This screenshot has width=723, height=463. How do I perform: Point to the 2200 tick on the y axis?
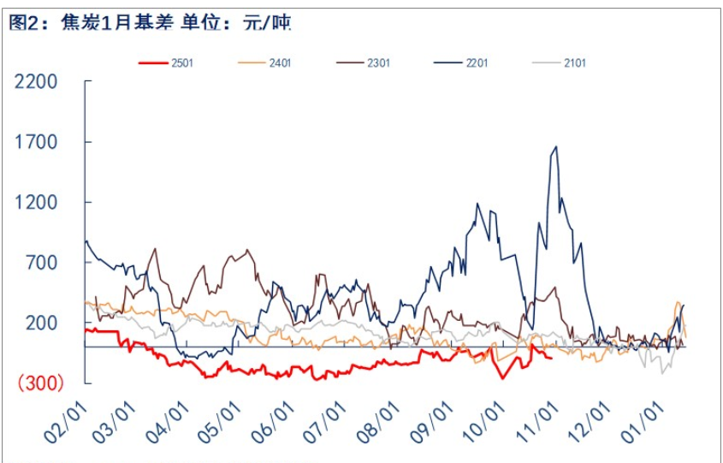click(x=35, y=82)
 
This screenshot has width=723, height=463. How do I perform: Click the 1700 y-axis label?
click(x=35, y=142)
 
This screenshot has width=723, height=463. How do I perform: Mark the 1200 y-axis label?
click(x=35, y=203)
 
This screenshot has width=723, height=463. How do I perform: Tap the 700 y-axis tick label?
click(x=41, y=263)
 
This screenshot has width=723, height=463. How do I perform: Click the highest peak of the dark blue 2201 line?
click(x=556, y=147)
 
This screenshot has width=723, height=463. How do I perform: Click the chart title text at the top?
click(x=150, y=24)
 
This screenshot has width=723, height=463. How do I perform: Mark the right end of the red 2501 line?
click(x=551, y=358)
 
